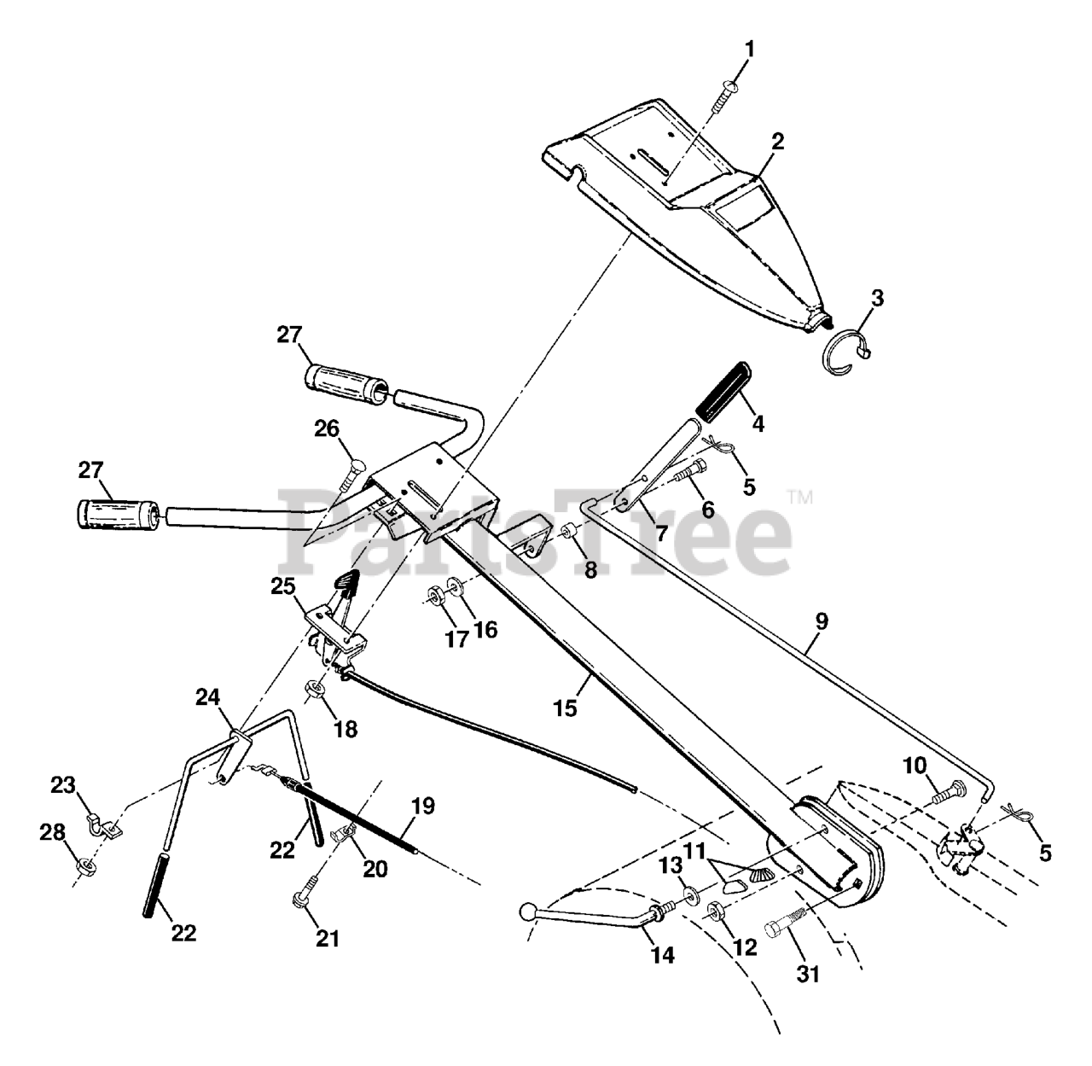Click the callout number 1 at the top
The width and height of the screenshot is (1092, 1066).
[749, 49]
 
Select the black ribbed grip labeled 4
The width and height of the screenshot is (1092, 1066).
[723, 391]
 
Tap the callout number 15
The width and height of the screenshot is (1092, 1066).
[565, 708]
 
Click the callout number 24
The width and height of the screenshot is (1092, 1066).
[208, 698]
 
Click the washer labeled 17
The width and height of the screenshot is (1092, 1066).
[436, 595]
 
